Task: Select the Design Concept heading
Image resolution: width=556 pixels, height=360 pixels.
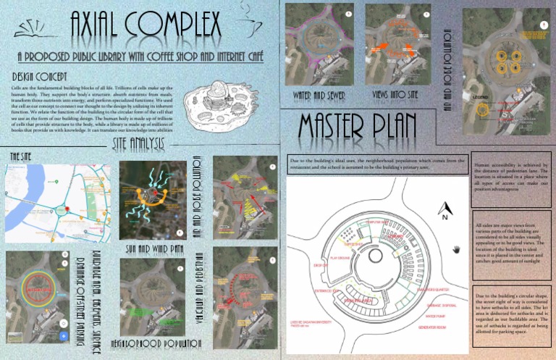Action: pyautogui.click(x=41, y=76)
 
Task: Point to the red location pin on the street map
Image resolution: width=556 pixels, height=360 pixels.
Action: pyautogui.click(x=66, y=209)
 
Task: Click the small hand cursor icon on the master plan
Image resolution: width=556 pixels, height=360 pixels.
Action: pyautogui.click(x=455, y=250)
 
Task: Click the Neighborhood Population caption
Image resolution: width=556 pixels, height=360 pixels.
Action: pyautogui.click(x=155, y=340)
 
